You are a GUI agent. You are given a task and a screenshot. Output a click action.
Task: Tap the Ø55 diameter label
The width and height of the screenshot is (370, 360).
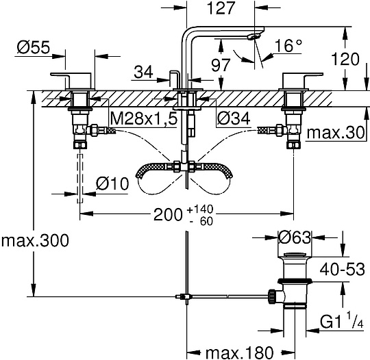(x=32, y=48)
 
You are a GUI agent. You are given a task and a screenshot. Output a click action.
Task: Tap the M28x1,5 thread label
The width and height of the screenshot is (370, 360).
(x=145, y=120)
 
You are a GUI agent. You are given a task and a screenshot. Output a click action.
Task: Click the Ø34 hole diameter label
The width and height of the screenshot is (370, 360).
(x=233, y=120)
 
